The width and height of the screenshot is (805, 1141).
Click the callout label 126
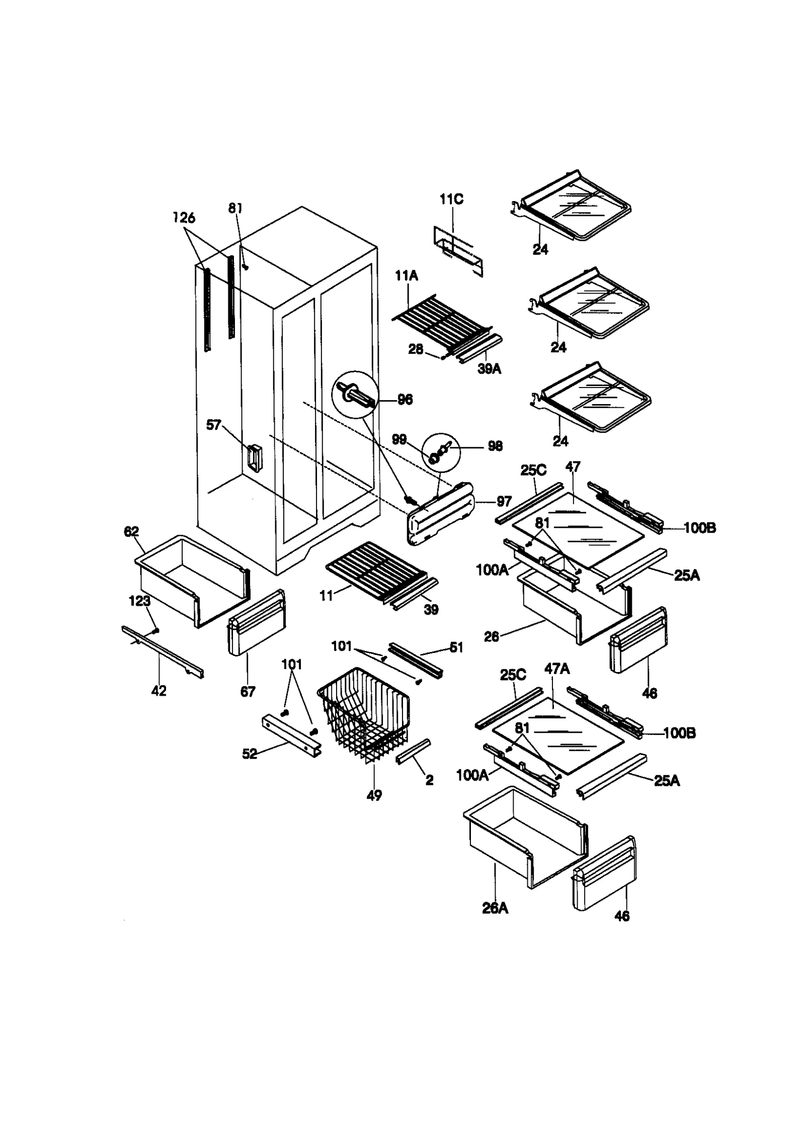click(184, 218)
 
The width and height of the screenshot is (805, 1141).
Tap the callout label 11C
click(451, 199)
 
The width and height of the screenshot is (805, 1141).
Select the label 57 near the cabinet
click(213, 425)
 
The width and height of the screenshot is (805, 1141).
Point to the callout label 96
click(405, 399)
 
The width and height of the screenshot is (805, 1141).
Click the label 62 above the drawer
click(131, 531)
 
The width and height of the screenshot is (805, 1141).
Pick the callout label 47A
click(556, 669)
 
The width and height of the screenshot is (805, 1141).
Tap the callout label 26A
click(495, 908)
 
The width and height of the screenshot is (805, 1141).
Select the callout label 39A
click(489, 368)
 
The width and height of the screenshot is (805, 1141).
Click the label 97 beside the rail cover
click(504, 501)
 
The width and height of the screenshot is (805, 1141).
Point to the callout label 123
click(139, 601)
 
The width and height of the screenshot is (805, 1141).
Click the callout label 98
click(495, 446)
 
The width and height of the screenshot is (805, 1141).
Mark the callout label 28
click(416, 349)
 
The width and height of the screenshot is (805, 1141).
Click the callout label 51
click(456, 647)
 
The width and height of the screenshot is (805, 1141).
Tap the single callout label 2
click(429, 780)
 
